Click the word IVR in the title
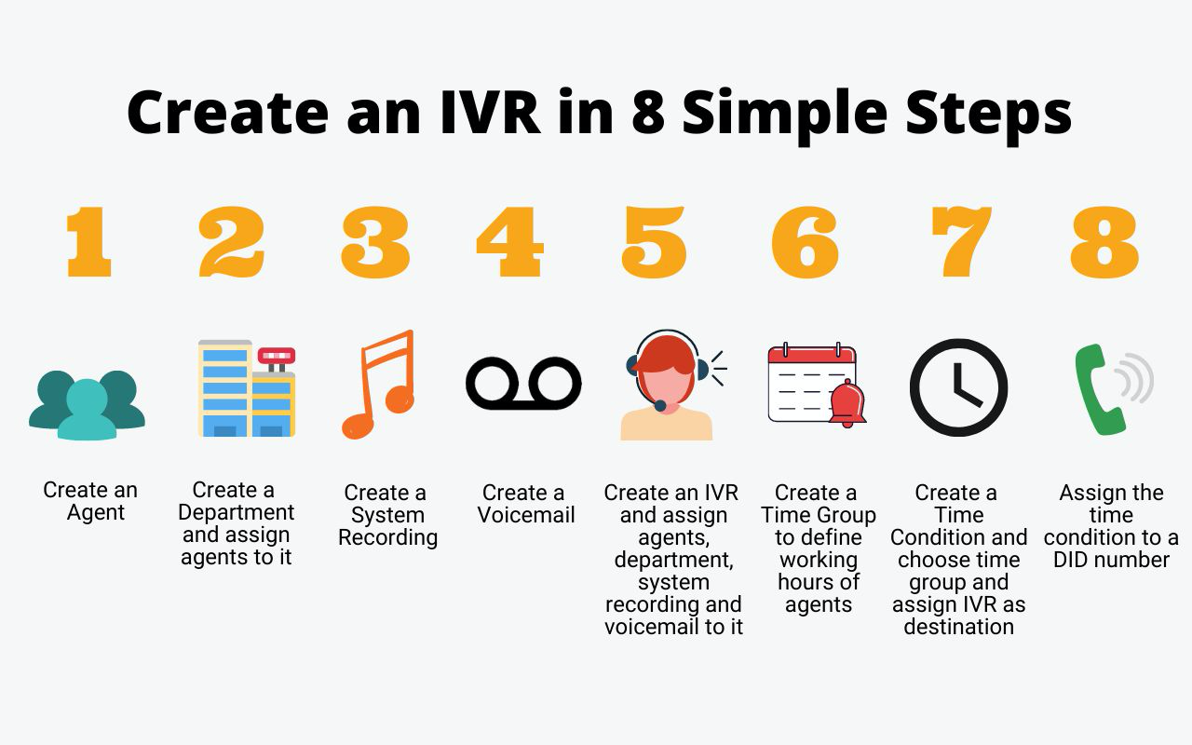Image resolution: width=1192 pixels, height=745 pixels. pyautogui.click(x=491, y=113)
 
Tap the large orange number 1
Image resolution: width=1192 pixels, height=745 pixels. pyautogui.click(x=88, y=241)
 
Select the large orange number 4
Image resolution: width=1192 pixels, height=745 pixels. pyautogui.click(x=509, y=241)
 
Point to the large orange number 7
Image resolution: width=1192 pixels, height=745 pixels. pyautogui.click(x=961, y=241)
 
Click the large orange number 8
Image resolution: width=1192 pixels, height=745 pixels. pyautogui.click(x=1104, y=242)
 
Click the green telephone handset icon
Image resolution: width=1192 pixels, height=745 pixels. pyautogui.click(x=1100, y=389)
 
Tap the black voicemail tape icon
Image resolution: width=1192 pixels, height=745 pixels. pyautogui.click(x=523, y=383)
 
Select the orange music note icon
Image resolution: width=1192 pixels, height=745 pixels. pyautogui.click(x=378, y=385)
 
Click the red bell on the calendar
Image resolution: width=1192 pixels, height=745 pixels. pyautogui.click(x=847, y=403)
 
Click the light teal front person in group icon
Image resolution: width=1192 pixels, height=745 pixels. pyautogui.click(x=88, y=410)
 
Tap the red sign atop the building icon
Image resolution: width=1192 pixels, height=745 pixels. pyautogui.click(x=277, y=355)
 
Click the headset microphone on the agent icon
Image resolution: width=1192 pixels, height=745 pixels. pyautogui.click(x=660, y=406)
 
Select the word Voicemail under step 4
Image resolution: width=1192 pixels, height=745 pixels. pyautogui.click(x=526, y=515)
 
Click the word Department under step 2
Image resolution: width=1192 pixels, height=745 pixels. pyautogui.click(x=236, y=513)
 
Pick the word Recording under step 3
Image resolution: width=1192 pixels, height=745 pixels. pyautogui.click(x=388, y=538)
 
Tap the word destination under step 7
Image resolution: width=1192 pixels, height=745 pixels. pyautogui.click(x=959, y=627)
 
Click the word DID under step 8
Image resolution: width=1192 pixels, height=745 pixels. pyautogui.click(x=1070, y=560)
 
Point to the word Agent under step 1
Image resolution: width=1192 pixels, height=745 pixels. pyautogui.click(x=96, y=513)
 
